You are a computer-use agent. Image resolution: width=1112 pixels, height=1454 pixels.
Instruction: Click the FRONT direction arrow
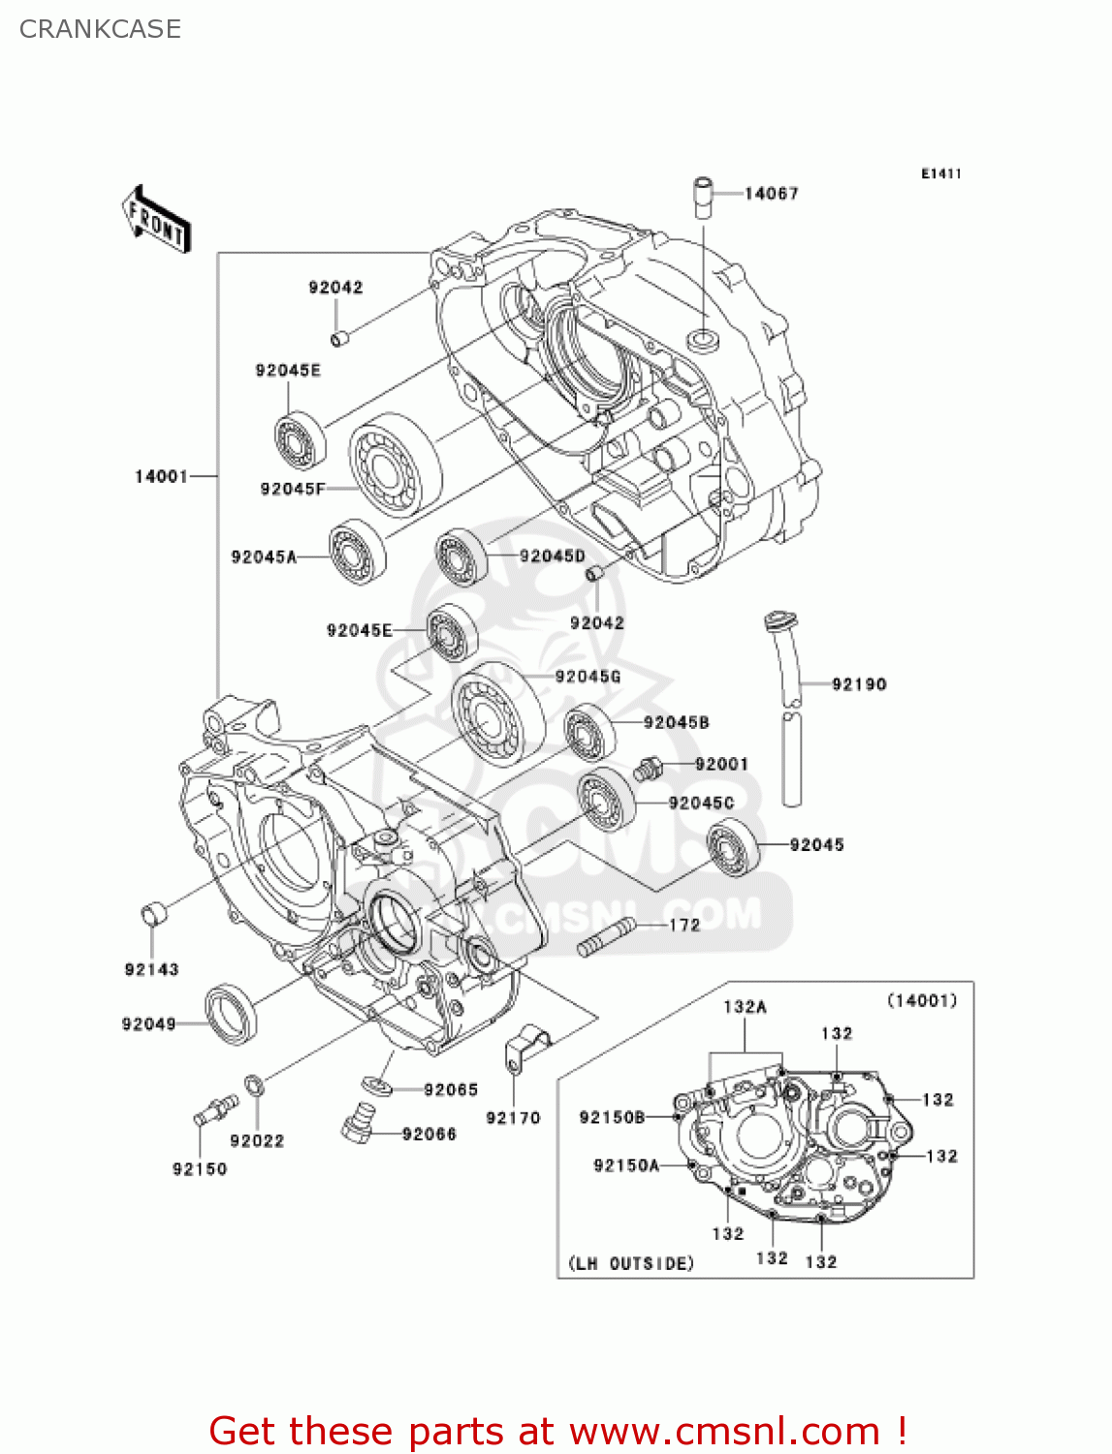click(x=156, y=219)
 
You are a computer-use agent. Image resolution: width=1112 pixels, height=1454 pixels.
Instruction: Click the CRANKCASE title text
click(x=100, y=29)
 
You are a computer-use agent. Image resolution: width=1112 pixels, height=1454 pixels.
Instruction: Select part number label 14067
click(x=771, y=194)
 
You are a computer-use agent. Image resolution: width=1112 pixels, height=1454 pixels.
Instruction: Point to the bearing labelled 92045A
click(x=357, y=552)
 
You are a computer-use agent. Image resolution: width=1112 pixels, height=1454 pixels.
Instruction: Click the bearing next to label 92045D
click(x=461, y=557)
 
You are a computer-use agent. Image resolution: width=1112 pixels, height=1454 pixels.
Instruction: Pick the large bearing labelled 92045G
click(x=497, y=713)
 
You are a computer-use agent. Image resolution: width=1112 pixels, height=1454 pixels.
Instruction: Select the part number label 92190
click(x=858, y=684)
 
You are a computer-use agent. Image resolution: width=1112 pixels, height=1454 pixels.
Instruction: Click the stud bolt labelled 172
click(x=606, y=936)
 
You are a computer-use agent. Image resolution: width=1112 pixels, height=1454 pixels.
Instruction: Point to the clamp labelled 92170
click(x=526, y=1047)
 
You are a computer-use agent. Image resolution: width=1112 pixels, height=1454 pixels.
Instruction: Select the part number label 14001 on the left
click(x=161, y=476)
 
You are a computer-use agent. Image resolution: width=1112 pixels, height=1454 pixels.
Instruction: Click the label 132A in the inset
click(x=745, y=1007)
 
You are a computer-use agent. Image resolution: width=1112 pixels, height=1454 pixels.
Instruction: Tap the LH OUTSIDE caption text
click(x=631, y=1264)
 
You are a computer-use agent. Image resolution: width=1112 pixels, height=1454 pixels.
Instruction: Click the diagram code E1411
click(x=940, y=174)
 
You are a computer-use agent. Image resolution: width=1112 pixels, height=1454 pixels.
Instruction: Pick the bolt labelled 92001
click(x=648, y=771)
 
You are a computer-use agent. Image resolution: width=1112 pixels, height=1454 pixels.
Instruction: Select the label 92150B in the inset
click(x=612, y=1118)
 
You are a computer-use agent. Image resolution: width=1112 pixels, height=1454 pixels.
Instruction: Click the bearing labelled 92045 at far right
click(x=734, y=847)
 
